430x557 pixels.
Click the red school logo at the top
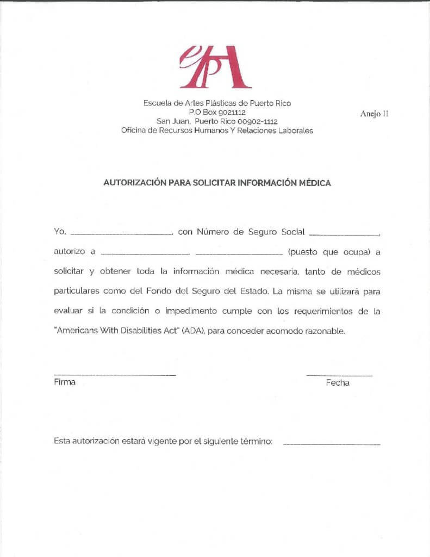pos(215,66)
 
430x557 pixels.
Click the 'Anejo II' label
pos(374,114)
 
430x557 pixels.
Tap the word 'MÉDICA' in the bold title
pos(315,183)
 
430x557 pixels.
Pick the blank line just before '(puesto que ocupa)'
pos(239,253)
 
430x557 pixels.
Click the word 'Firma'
pos(65,382)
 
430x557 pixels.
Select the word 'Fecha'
pos(338,383)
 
